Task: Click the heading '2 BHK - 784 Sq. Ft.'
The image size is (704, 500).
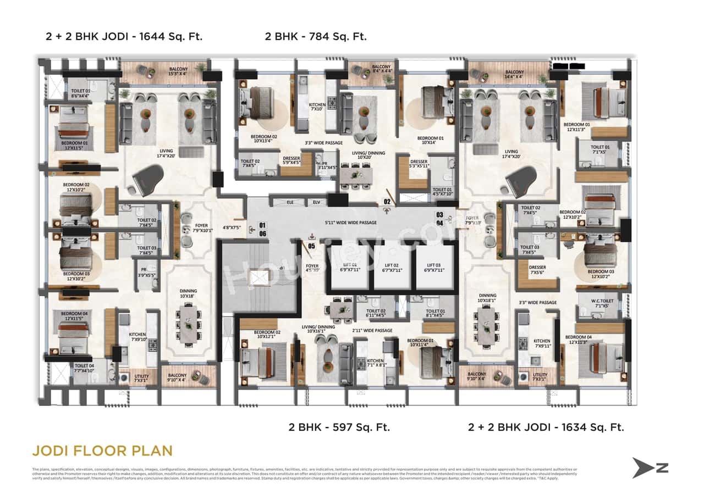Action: pos(315,37)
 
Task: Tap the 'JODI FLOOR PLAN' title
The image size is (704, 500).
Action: pos(102,451)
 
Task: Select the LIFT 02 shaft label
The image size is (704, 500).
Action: pos(392,268)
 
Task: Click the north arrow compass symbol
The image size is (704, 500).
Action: pos(650,468)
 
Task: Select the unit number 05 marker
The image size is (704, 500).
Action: pos(311,246)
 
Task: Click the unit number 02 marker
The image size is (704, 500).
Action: pos(387,202)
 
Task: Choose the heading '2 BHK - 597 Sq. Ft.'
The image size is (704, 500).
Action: pos(339,427)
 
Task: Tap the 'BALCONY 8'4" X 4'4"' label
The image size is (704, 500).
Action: pos(381,69)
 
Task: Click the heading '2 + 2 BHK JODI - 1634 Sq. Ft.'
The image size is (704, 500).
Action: pos(546,427)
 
